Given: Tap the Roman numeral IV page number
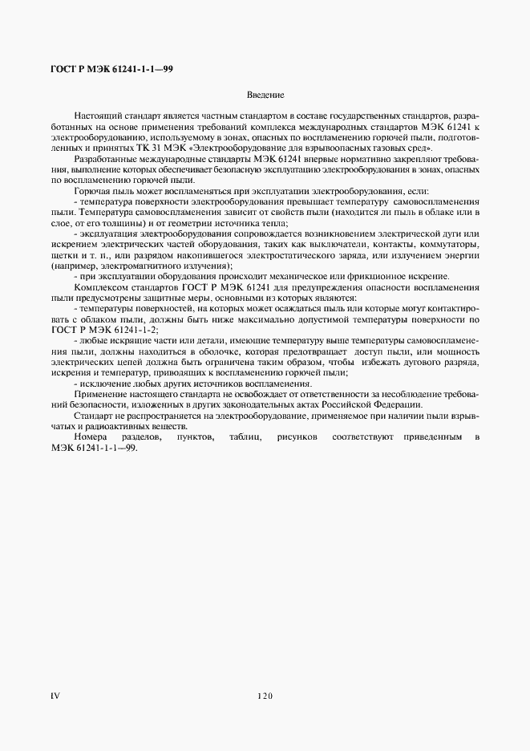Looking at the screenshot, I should pos(55,696).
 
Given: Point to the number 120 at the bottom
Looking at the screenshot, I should pos(265,696).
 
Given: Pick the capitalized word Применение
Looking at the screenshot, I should pos(99,393).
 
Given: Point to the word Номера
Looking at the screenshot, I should pos(89,436).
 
